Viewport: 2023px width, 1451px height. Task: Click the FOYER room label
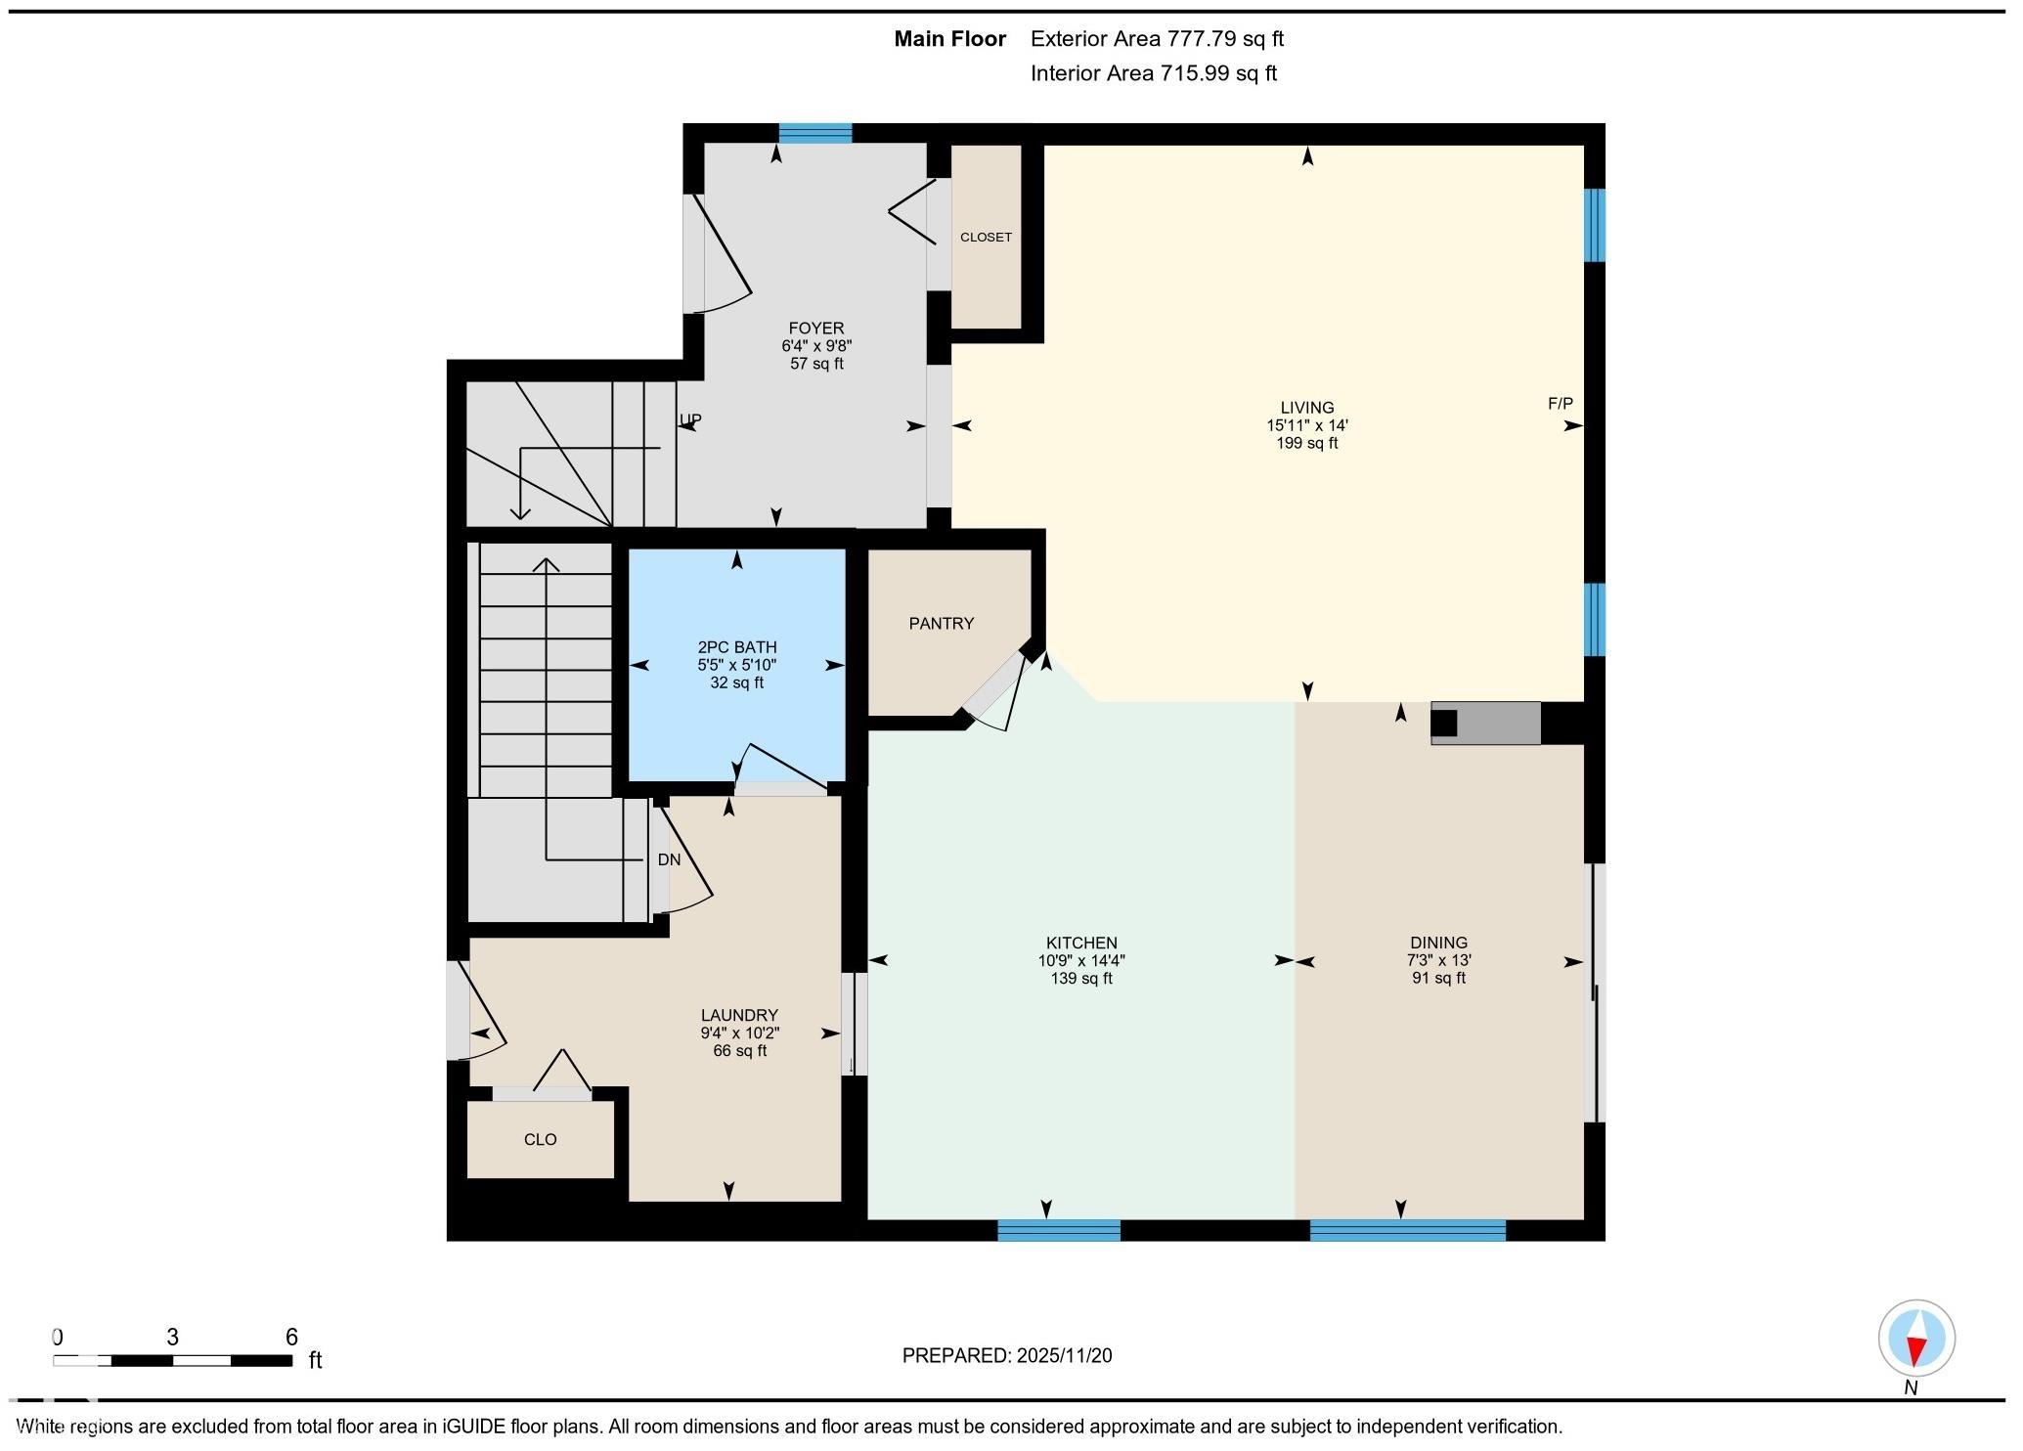click(816, 329)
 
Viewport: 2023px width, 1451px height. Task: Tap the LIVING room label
click(1307, 408)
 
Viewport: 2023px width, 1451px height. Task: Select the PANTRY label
click(941, 624)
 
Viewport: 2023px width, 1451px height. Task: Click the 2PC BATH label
click(737, 647)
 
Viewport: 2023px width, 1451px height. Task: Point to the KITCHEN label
click(1081, 944)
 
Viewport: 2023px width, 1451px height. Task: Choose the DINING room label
click(1438, 944)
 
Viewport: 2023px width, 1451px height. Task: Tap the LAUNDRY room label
click(739, 1016)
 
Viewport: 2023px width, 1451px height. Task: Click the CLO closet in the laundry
click(541, 1140)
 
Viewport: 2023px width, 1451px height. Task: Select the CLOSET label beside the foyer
click(986, 238)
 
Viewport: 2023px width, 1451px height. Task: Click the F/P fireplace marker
click(1561, 404)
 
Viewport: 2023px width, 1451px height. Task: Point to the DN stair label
click(669, 860)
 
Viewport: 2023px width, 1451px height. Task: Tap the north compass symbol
click(1916, 1339)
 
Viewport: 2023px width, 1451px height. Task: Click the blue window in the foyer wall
click(814, 134)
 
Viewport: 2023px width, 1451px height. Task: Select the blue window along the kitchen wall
click(1059, 1230)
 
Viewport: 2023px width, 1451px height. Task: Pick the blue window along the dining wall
click(1407, 1230)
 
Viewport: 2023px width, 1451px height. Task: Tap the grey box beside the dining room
click(1486, 724)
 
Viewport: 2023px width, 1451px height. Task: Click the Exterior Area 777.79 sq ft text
click(1157, 39)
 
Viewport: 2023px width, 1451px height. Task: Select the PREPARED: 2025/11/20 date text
click(1007, 1356)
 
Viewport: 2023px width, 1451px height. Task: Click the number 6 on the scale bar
click(290, 1337)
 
